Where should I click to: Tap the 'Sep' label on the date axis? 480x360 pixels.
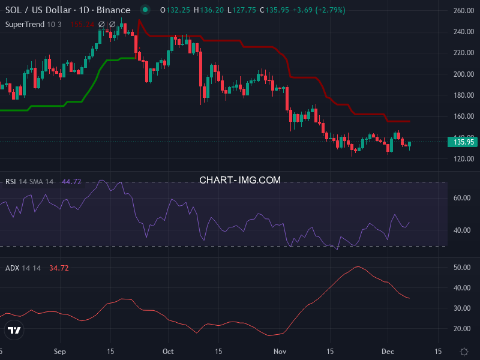59,351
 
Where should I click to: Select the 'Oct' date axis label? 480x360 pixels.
168,351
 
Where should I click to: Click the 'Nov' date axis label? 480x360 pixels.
280,351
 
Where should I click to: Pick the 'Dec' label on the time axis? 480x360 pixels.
387,351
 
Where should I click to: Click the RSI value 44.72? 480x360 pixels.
71,181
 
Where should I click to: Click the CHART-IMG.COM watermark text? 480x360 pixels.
240,180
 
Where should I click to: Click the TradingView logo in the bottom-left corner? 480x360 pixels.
14,330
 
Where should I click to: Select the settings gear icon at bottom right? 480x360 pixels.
464,351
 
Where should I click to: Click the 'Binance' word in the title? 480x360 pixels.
113,10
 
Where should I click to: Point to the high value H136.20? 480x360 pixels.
196,10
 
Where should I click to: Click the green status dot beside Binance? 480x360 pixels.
145,10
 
